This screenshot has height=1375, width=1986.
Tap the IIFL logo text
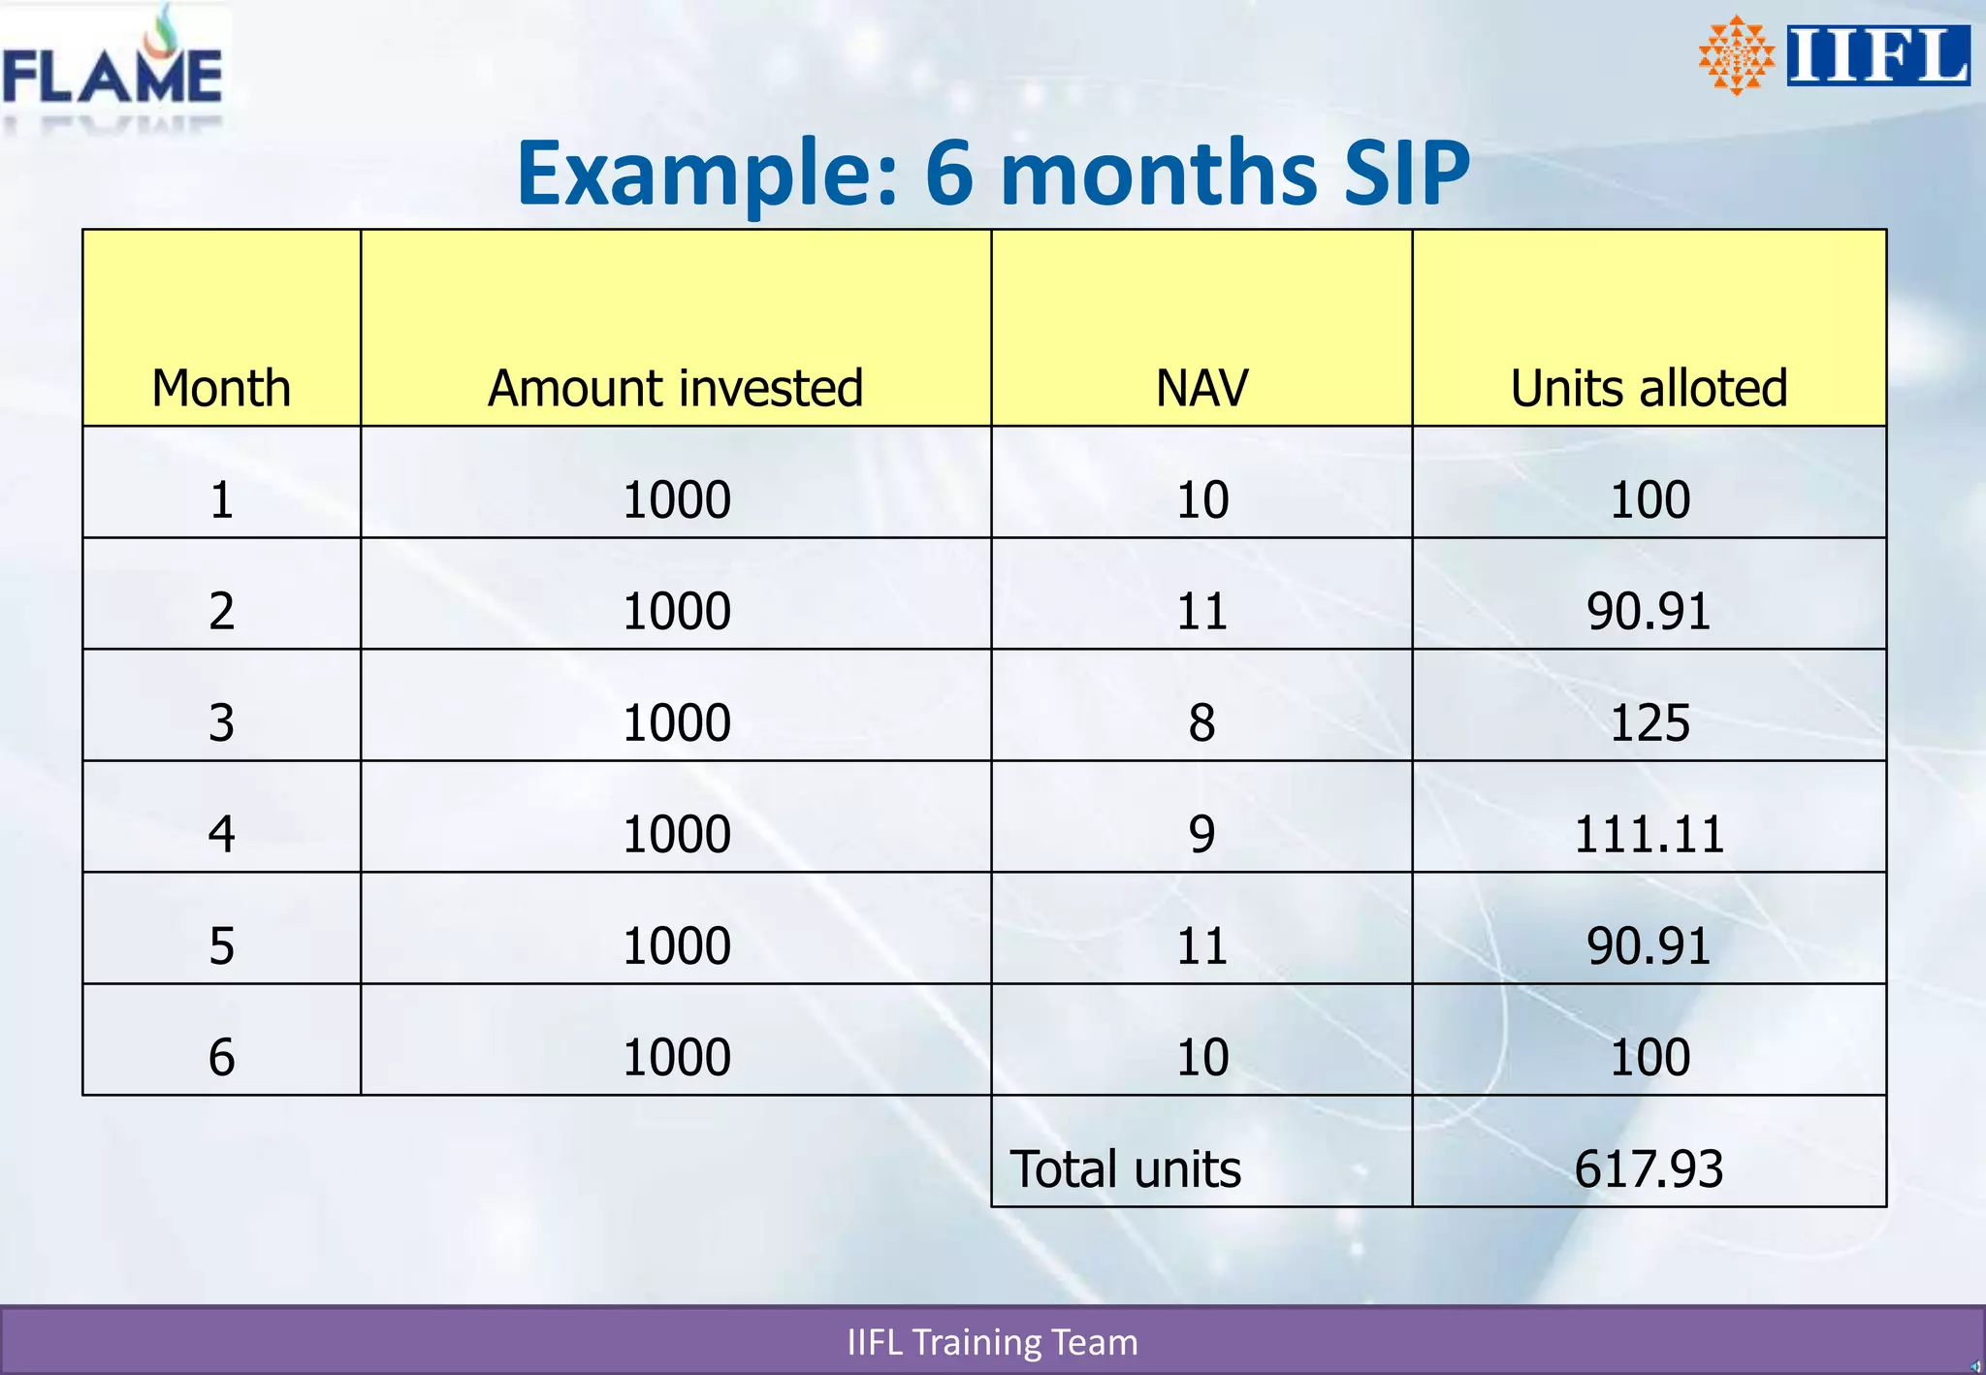click(1878, 56)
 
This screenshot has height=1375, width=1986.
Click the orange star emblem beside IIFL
click(1736, 56)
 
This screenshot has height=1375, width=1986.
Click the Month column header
click(221, 389)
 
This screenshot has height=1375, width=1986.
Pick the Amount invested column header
click(675, 389)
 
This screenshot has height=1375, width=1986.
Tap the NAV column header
click(1201, 389)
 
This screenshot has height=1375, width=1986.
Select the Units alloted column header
click(1649, 389)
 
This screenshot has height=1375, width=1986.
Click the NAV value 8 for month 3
click(1201, 723)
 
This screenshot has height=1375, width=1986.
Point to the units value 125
click(1650, 723)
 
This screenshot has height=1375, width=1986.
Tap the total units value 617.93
click(1649, 1169)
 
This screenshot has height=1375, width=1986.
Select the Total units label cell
click(1125, 1169)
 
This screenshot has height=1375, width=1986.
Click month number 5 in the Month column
click(221, 946)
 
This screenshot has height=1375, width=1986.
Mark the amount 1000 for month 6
click(676, 1058)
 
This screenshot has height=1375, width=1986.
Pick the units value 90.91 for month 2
click(1649, 612)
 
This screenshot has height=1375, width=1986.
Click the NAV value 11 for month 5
click(1201, 946)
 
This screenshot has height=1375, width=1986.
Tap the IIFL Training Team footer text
click(992, 1342)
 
